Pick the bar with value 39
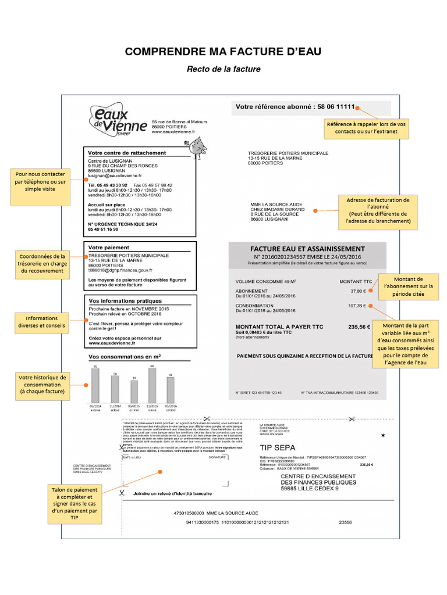coord(133,393)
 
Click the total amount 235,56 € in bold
coord(359,327)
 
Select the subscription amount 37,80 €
coord(357,291)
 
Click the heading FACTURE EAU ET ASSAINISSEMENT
coord(307,249)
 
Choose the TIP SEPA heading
coord(277,448)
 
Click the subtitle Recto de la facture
coord(223,69)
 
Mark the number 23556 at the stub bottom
coord(345,522)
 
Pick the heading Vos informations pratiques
coord(125,300)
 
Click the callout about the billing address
coord(374,210)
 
